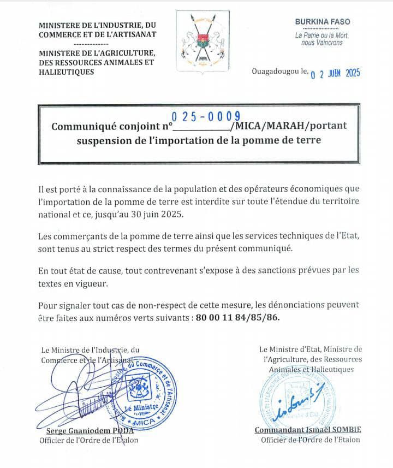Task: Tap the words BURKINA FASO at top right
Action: pos(323,22)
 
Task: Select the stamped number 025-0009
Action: pos(206,115)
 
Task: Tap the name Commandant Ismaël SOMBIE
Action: pos(308,430)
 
